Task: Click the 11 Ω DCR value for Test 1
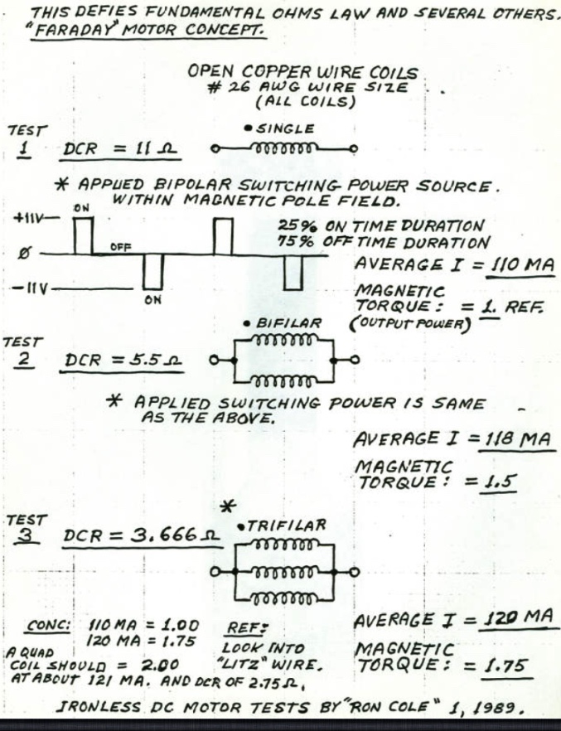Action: tap(156, 149)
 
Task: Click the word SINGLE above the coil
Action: tap(286, 128)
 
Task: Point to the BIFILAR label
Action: tap(288, 323)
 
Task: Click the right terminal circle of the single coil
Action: tap(354, 149)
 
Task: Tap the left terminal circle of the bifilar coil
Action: tap(215, 361)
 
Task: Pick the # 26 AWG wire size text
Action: tap(308, 88)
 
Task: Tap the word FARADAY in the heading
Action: tap(77, 30)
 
